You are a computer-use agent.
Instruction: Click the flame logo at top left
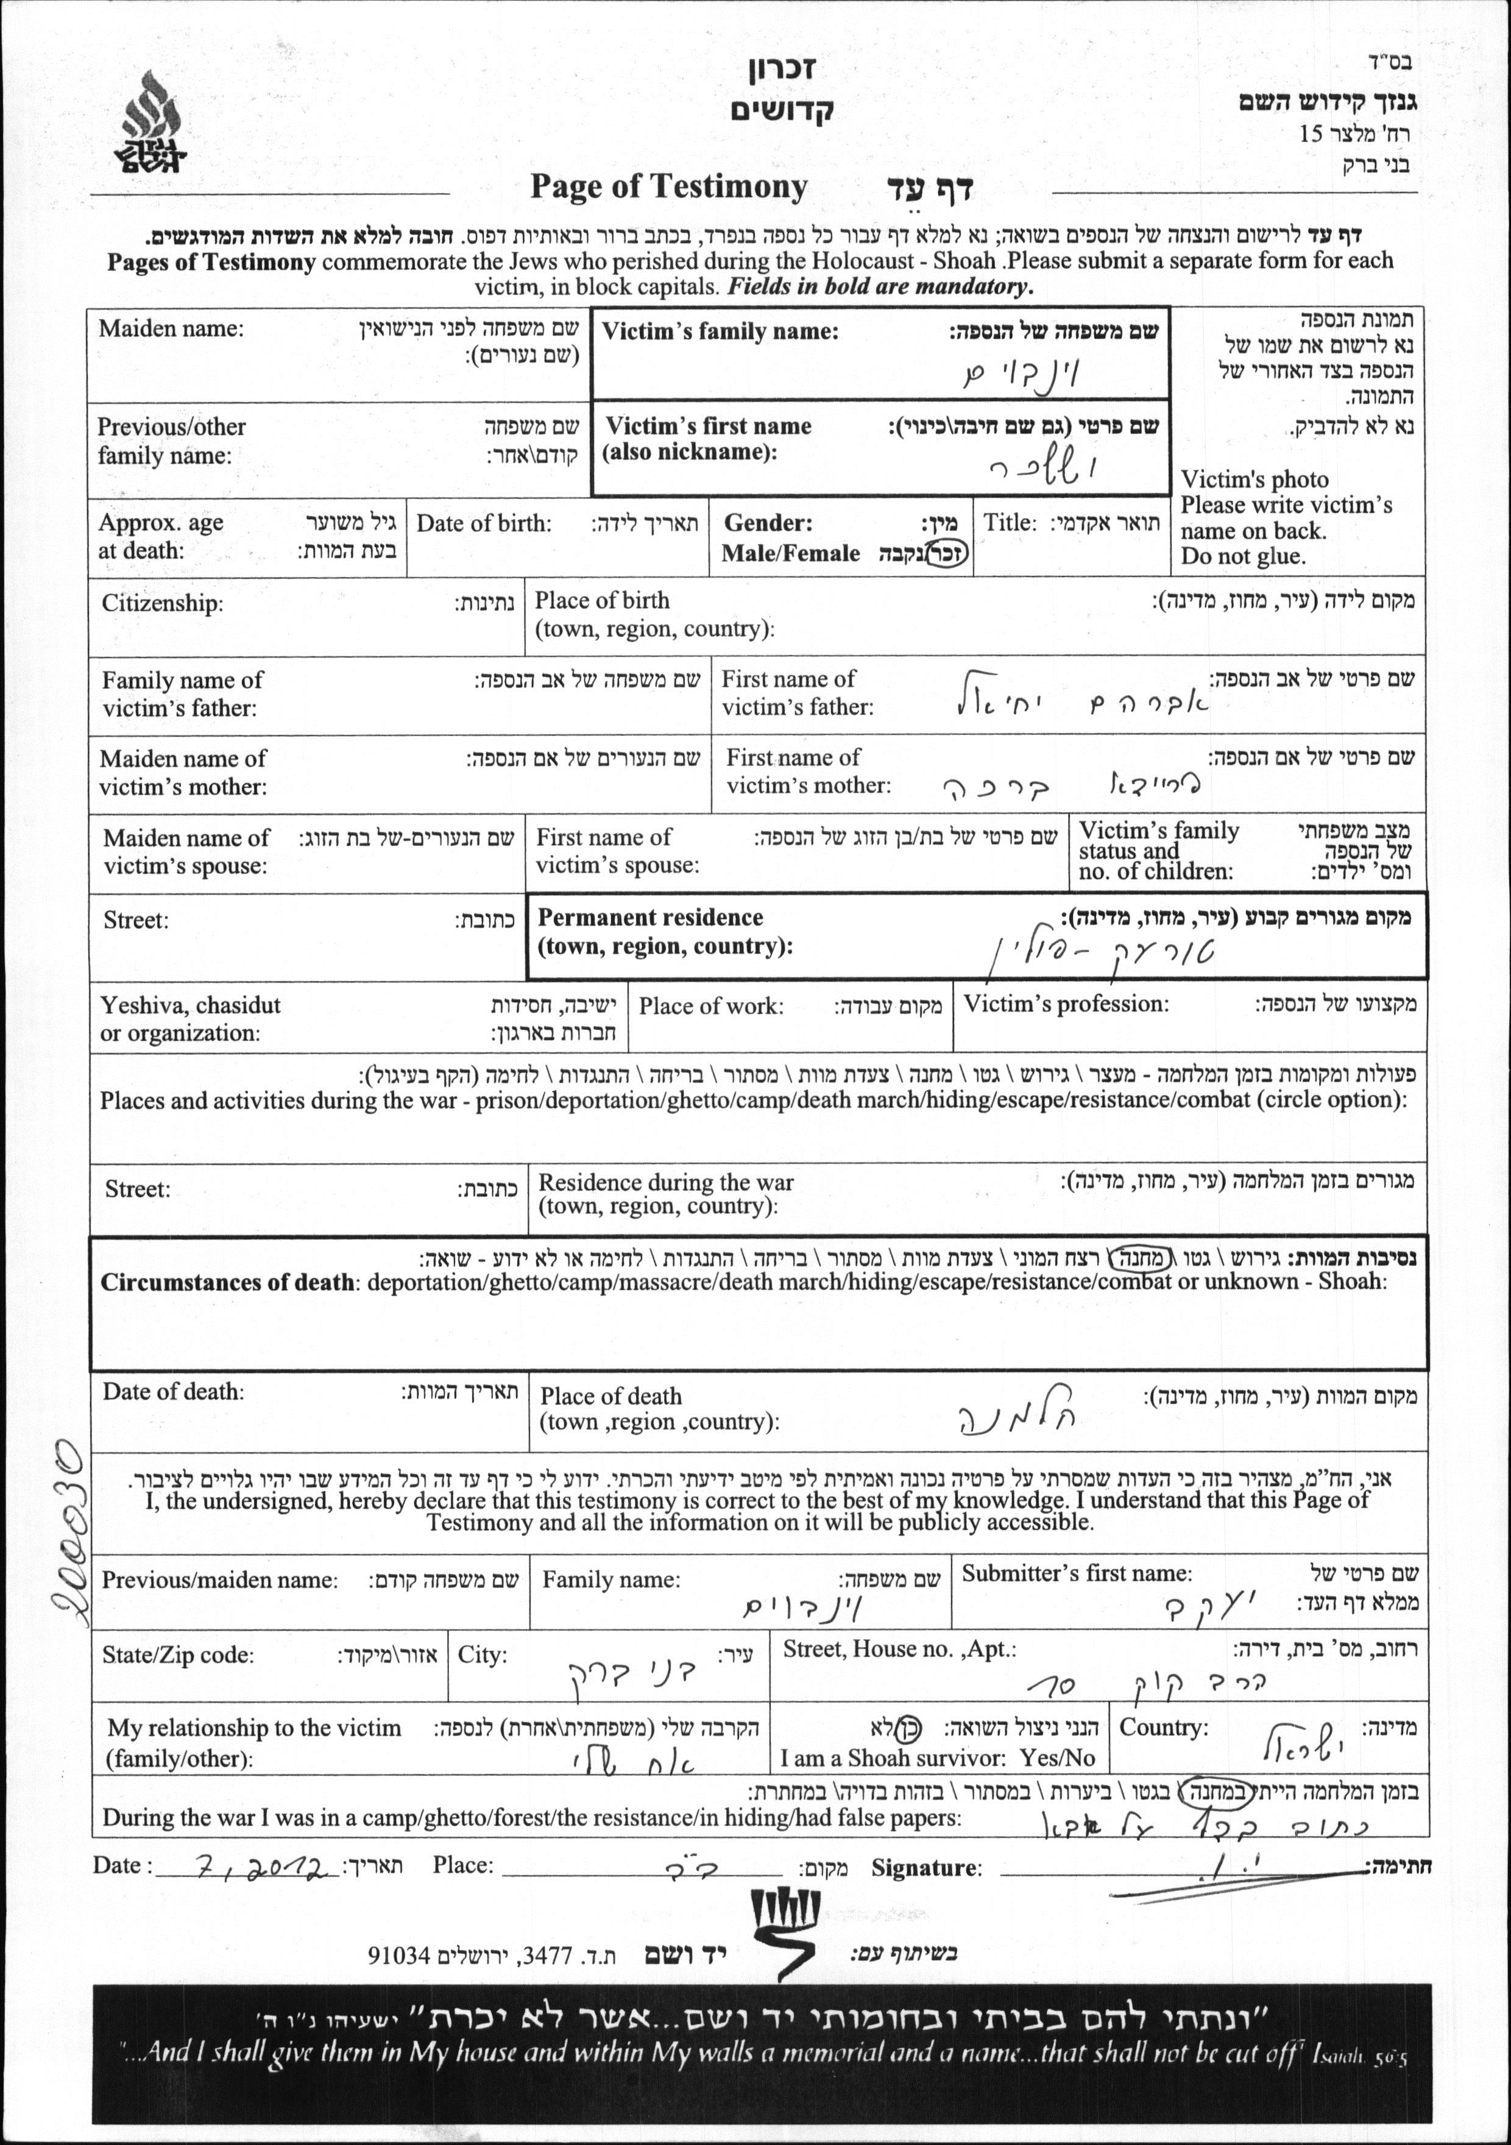[x=152, y=122]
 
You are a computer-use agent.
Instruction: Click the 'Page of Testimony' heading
[x=668, y=187]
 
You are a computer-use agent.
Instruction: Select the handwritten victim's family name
[x=1022, y=375]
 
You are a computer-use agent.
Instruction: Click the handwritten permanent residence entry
[x=1103, y=953]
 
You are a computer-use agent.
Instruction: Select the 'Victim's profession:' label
[x=1066, y=1004]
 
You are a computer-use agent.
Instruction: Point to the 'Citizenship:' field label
[x=163, y=603]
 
